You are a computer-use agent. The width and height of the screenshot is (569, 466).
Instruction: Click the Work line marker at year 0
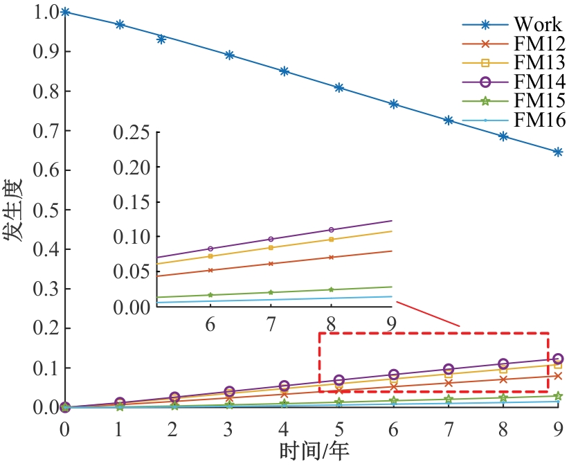pos(64,12)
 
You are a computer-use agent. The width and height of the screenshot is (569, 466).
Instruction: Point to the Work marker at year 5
pos(339,88)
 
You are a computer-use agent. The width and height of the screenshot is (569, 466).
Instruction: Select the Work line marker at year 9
pos(558,152)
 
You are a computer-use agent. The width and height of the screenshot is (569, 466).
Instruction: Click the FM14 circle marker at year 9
pos(558,359)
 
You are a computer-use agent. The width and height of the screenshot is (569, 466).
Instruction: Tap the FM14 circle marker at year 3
pos(229,392)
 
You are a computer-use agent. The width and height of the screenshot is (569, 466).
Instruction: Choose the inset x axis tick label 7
pos(271,324)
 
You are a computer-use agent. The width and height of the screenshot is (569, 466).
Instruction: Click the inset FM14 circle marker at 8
pos(331,229)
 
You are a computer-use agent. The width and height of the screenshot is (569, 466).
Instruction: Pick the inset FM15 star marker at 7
pos(271,292)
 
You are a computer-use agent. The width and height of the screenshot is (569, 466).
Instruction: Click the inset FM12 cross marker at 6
pos(210,270)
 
